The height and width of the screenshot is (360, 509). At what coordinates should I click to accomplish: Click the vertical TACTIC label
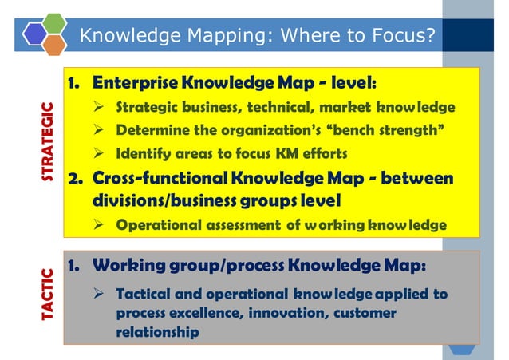48,295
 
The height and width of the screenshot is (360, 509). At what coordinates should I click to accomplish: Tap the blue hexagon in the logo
36,34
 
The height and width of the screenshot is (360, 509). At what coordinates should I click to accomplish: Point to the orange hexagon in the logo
54,44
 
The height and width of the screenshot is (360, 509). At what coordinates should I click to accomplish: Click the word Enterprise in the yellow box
135,83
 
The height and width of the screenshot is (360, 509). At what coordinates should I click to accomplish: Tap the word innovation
260,314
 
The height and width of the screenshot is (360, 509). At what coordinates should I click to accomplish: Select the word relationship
157,333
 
